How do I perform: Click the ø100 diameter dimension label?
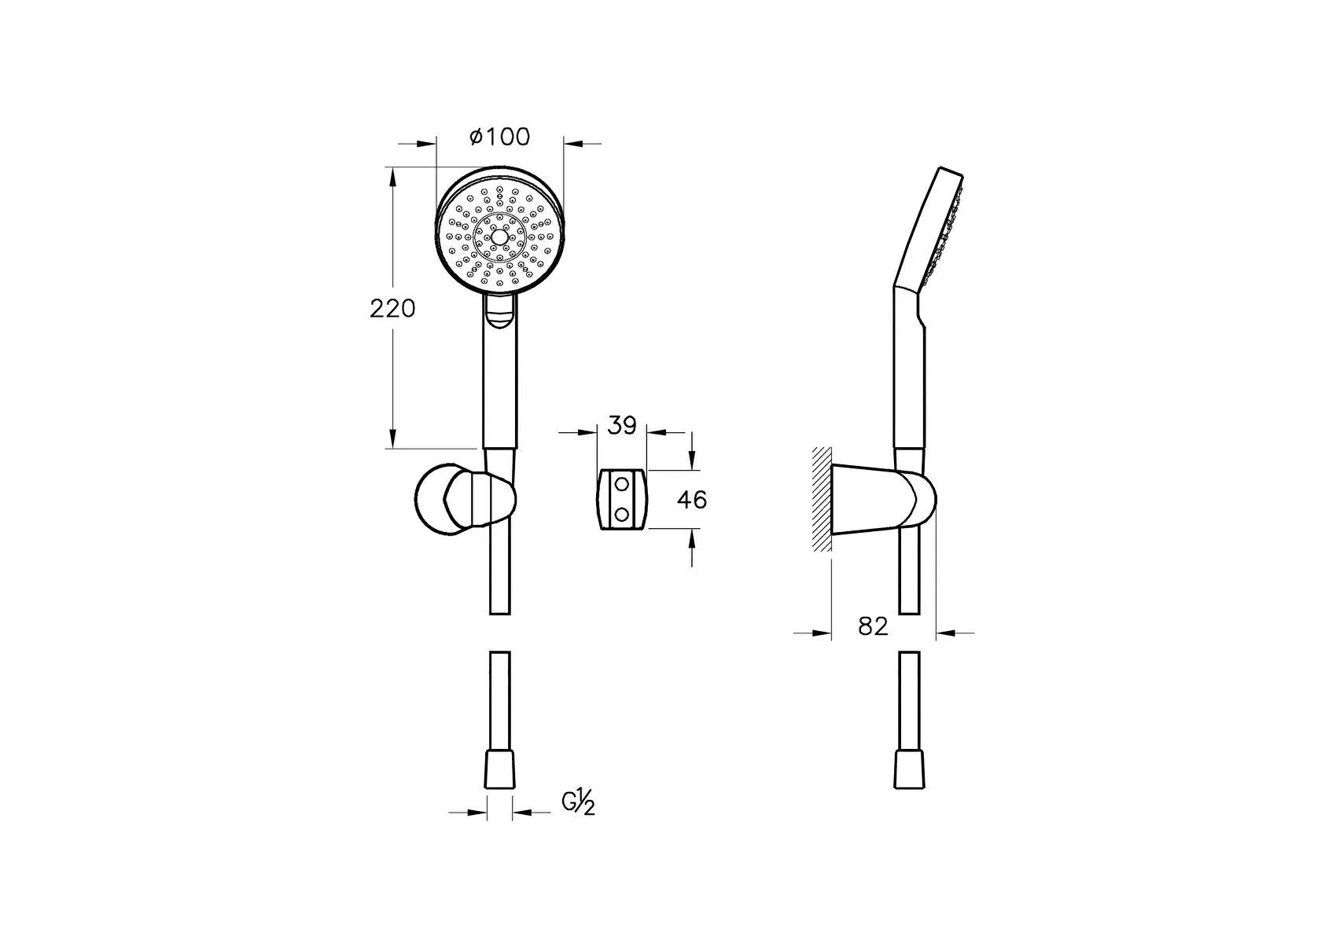click(x=499, y=137)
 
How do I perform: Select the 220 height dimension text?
click(x=392, y=309)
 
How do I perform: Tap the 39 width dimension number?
click(x=622, y=426)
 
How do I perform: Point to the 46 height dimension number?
click(x=692, y=500)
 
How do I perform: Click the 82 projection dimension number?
click(x=873, y=626)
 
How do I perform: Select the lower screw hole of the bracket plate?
click(x=621, y=513)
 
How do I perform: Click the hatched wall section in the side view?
click(x=821, y=498)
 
